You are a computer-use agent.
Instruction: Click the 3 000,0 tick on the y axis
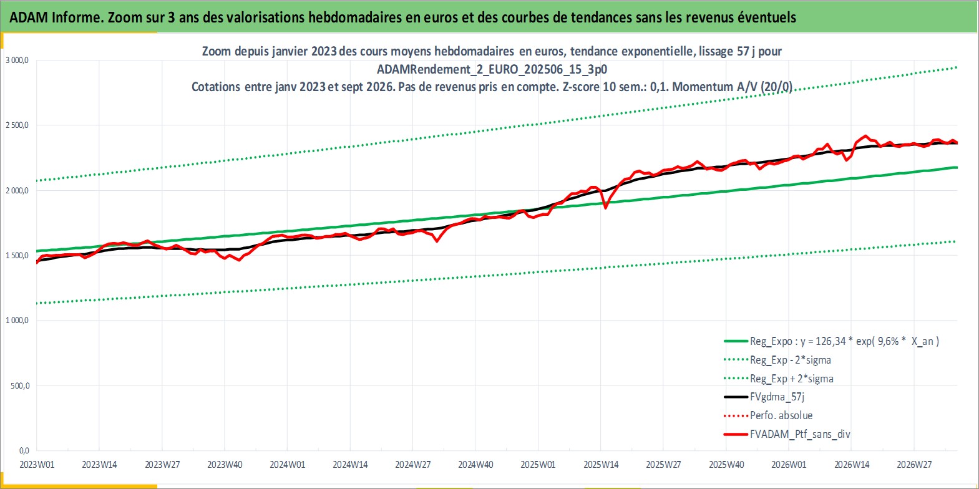[17, 61]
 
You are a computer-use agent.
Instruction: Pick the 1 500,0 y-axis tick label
[17, 255]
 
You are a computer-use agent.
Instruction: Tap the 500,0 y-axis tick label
[20, 385]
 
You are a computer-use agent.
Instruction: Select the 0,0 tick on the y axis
[24, 450]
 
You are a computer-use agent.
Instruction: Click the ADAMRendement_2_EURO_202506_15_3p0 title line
[492, 69]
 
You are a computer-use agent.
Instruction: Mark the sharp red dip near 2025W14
[606, 208]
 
